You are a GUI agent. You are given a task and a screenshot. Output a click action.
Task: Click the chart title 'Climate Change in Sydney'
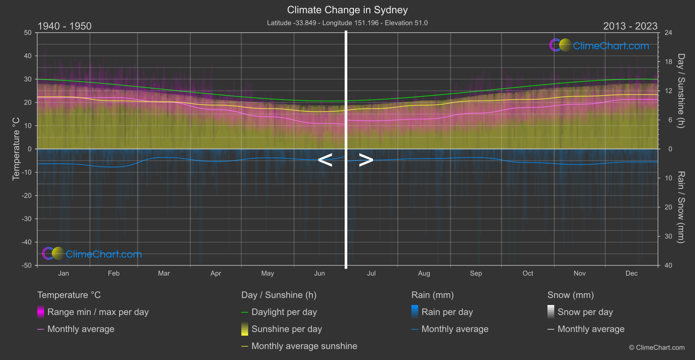[347, 10]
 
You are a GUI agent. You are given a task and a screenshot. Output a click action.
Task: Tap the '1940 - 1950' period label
[65, 26]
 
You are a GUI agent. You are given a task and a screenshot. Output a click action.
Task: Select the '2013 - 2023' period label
[630, 26]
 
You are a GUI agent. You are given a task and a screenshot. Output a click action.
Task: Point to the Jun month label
[319, 274]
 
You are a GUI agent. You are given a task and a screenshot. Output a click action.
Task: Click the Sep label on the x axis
[476, 274]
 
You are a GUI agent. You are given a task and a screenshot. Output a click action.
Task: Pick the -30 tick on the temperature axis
[27, 219]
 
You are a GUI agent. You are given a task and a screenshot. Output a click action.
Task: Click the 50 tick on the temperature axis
[28, 33]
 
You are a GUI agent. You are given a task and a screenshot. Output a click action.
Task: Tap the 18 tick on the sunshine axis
[668, 62]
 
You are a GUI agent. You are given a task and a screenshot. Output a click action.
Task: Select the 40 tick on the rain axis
[668, 265]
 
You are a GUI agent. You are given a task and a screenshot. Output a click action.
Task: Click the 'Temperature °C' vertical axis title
[16, 149]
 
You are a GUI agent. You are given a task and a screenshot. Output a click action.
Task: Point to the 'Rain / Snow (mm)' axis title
[681, 207]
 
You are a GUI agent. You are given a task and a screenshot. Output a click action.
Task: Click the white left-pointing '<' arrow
[325, 160]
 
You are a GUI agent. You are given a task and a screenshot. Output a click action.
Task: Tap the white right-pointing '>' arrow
[366, 160]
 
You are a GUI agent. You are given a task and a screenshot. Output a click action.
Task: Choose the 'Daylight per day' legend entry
[284, 312]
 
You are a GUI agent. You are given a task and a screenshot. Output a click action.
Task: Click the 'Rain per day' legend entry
[447, 312]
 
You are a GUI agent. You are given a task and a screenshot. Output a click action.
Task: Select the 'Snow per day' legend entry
[585, 312]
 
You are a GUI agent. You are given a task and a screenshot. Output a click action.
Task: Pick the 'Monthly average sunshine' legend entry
[304, 346]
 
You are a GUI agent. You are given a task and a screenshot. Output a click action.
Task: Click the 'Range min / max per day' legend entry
[98, 312]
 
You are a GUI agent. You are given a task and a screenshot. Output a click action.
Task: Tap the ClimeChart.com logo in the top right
[599, 45]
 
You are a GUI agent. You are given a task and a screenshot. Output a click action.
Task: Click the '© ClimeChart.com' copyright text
[657, 348]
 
